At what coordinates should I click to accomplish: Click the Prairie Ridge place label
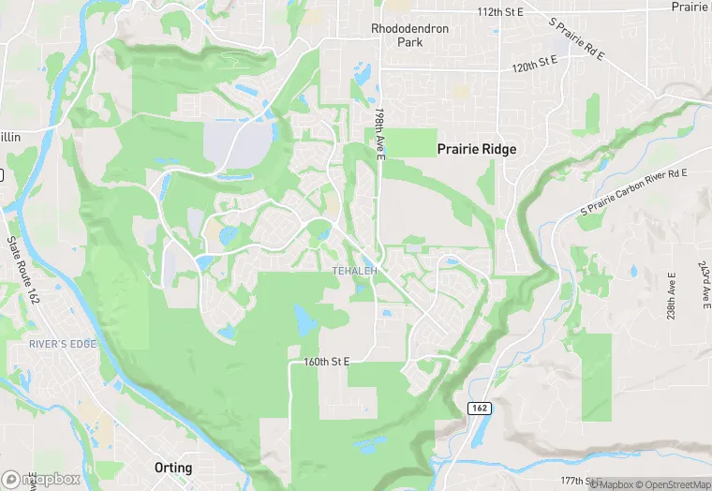478,149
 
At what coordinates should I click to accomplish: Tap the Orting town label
173,468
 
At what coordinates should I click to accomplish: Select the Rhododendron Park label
409,36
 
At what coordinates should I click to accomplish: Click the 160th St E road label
326,362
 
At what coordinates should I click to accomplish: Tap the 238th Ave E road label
672,295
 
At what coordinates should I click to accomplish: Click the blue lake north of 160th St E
305,320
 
